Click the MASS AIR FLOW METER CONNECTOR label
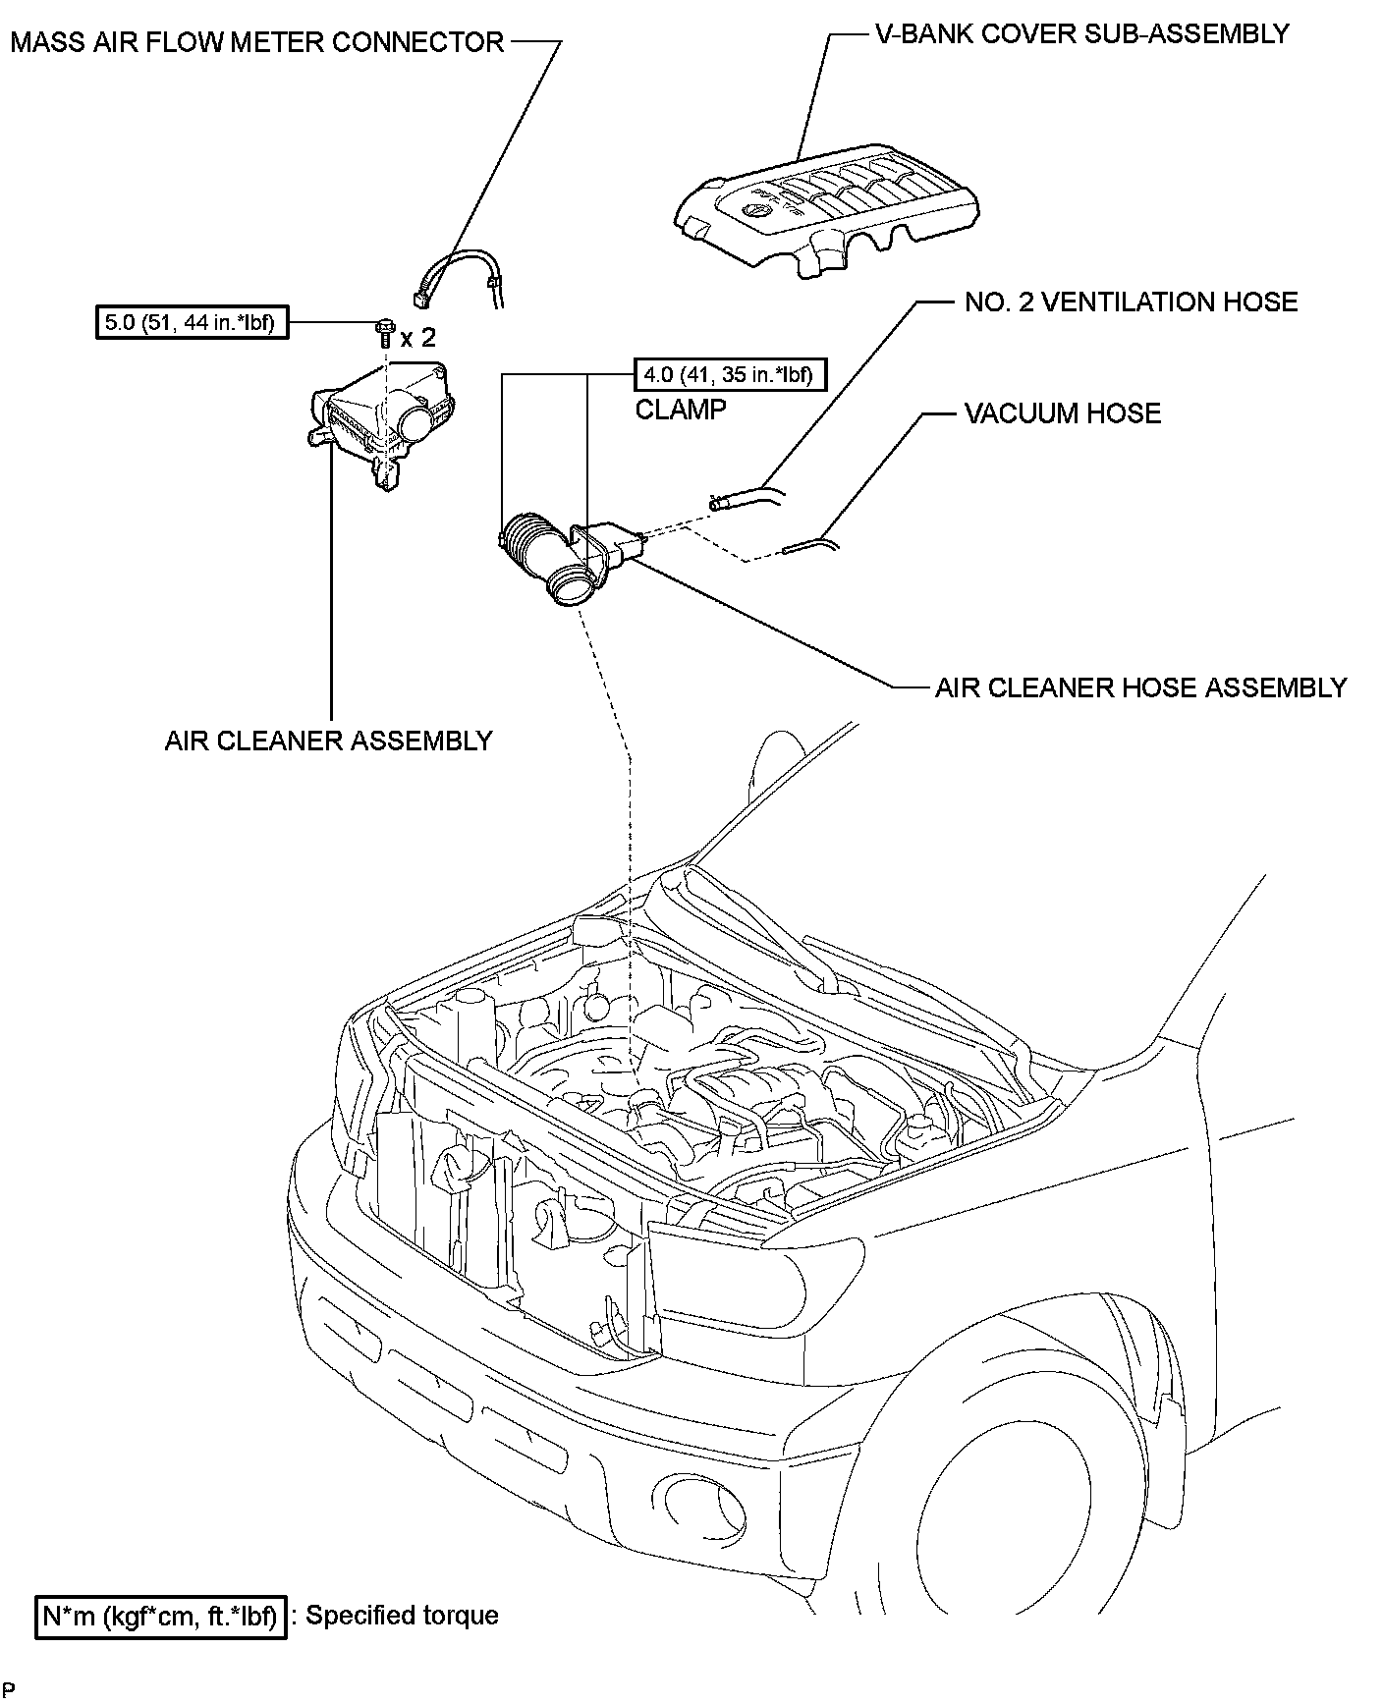pos(256,42)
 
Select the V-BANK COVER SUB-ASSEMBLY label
pos(1081,33)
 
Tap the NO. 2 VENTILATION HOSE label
pos(1131,302)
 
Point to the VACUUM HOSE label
pos(1063,412)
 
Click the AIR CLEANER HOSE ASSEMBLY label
pos(1140,687)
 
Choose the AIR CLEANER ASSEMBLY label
pos(328,740)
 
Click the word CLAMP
pos(681,409)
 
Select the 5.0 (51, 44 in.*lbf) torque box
pos(192,321)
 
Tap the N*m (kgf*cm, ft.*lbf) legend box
pos(162,1616)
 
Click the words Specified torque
pos(402,1616)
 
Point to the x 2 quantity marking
pos(417,338)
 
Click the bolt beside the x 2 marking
pos(384,330)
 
